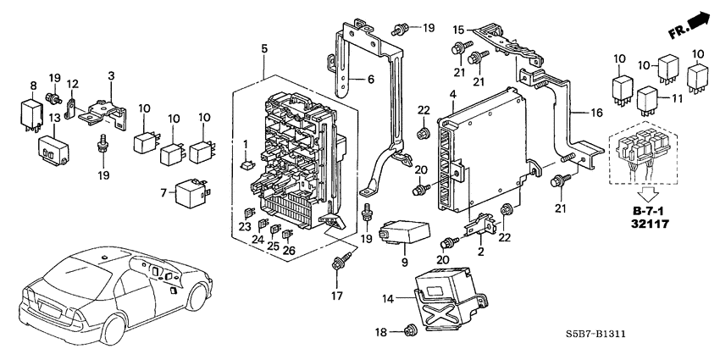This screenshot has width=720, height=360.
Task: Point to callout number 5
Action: click(265, 50)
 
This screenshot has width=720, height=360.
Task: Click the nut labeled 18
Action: click(410, 330)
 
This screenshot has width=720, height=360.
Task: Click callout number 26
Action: click(289, 251)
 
